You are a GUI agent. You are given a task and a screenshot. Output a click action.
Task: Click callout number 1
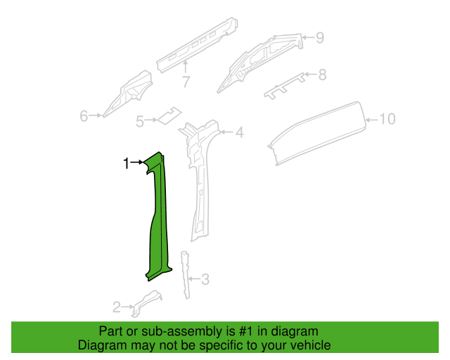click(126, 164)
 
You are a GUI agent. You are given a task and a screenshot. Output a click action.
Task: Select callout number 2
click(116, 307)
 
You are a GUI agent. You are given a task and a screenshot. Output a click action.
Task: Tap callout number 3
click(205, 280)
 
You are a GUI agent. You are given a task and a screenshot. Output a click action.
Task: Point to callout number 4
click(239, 131)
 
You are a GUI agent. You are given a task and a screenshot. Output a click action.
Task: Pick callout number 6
click(186, 82)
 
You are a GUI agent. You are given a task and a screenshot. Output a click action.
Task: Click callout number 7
click(322, 74)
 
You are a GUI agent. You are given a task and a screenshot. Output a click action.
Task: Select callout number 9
click(388, 119)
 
